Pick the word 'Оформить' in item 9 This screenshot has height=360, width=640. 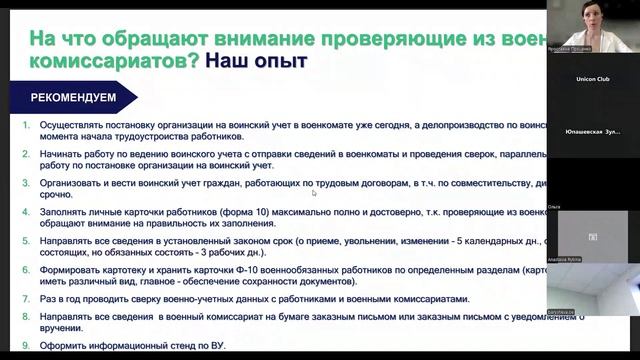(x=61, y=345)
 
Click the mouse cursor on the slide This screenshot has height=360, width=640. (x=314, y=193)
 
